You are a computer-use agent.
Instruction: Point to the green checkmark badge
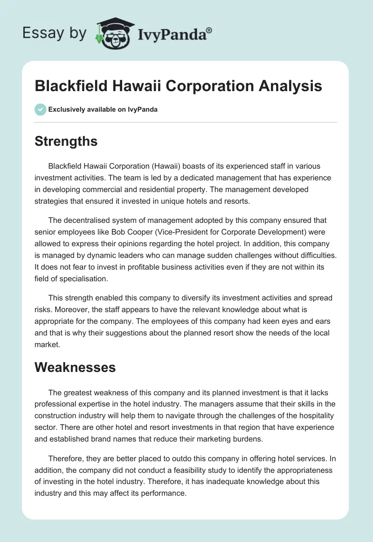point(40,109)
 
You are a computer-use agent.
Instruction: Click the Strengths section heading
point(66,141)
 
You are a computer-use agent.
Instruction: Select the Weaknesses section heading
point(75,367)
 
